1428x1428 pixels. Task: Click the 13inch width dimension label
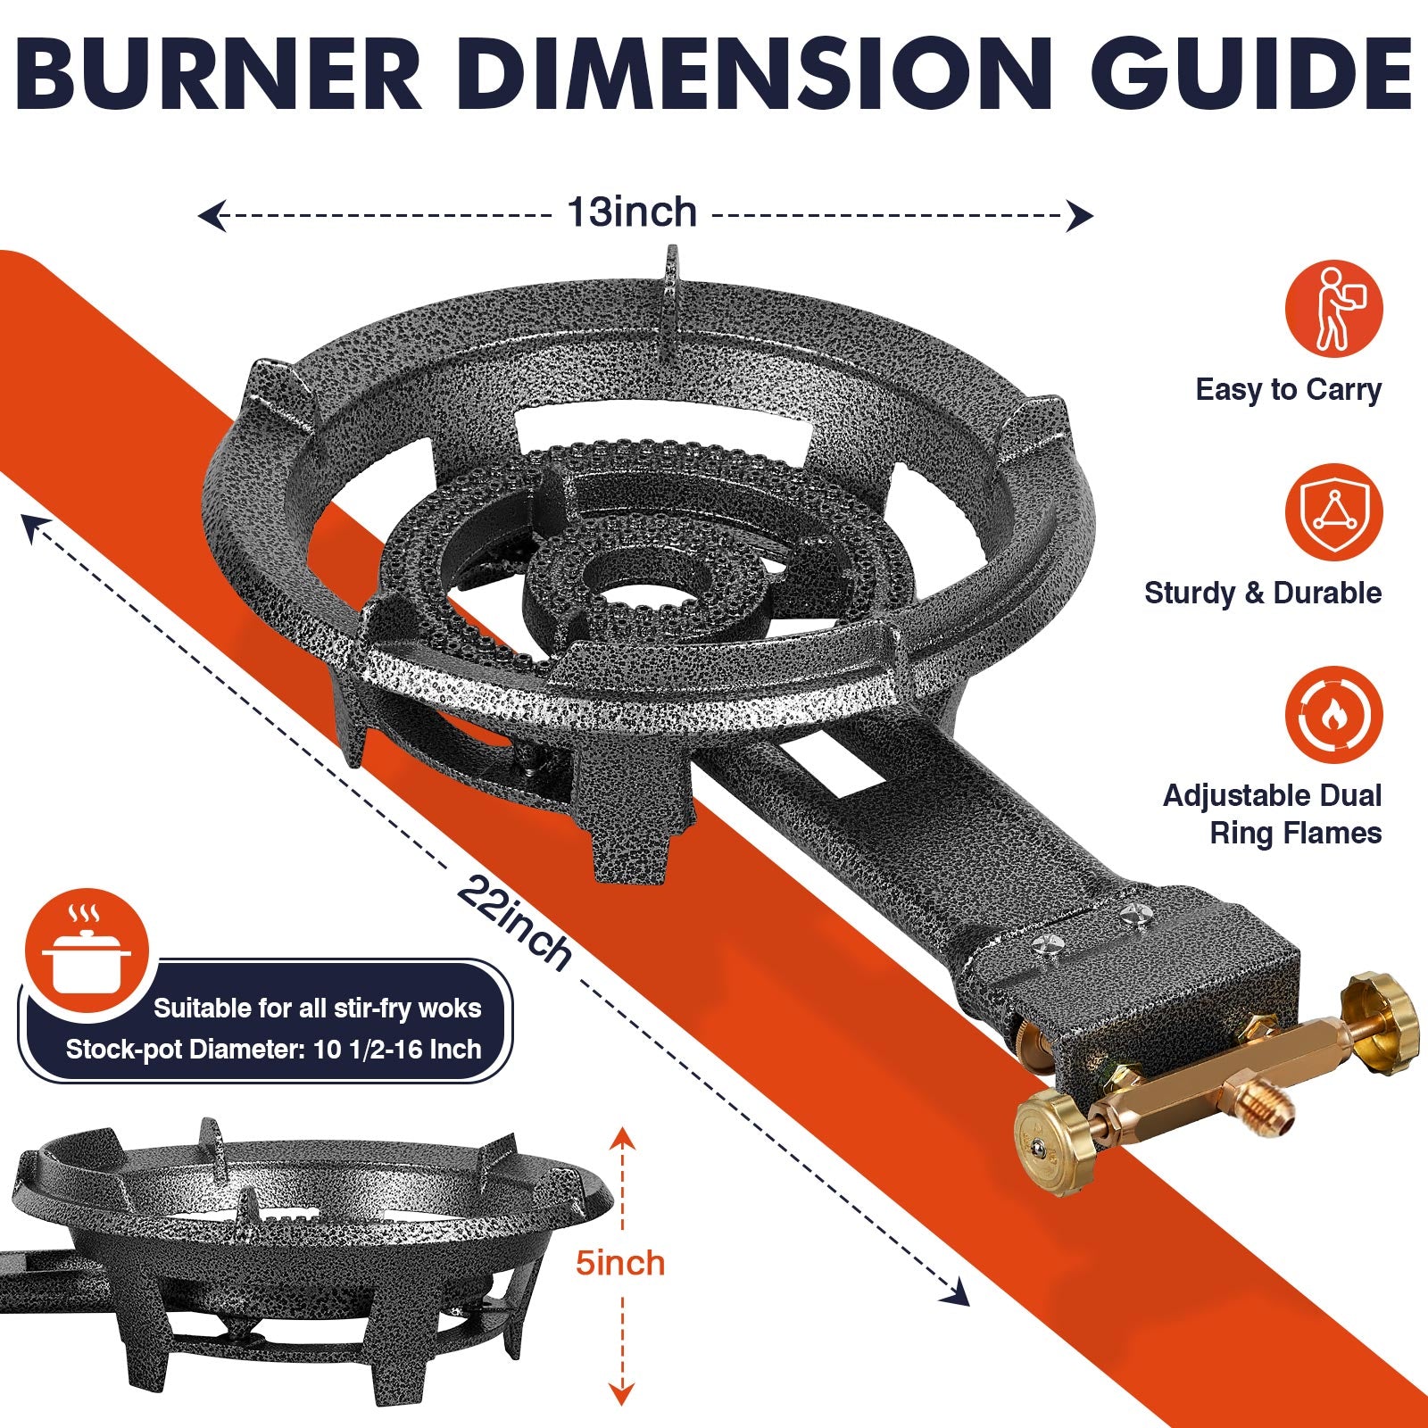pyautogui.click(x=632, y=213)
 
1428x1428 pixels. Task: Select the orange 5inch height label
pyautogui.click(x=620, y=1263)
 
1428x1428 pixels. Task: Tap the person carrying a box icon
pyautogui.click(x=1333, y=309)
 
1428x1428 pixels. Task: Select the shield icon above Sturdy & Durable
pyautogui.click(x=1333, y=512)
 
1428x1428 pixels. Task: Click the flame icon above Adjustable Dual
pyautogui.click(x=1333, y=715)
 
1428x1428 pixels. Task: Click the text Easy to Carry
pyautogui.click(x=1288, y=390)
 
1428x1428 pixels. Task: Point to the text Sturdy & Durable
pyautogui.click(x=1262, y=593)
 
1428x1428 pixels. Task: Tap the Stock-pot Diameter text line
pyautogui.click(x=273, y=1049)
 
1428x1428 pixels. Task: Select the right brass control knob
pyautogui.click(x=1381, y=1017)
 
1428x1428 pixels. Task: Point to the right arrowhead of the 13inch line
pyautogui.click(x=1081, y=215)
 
